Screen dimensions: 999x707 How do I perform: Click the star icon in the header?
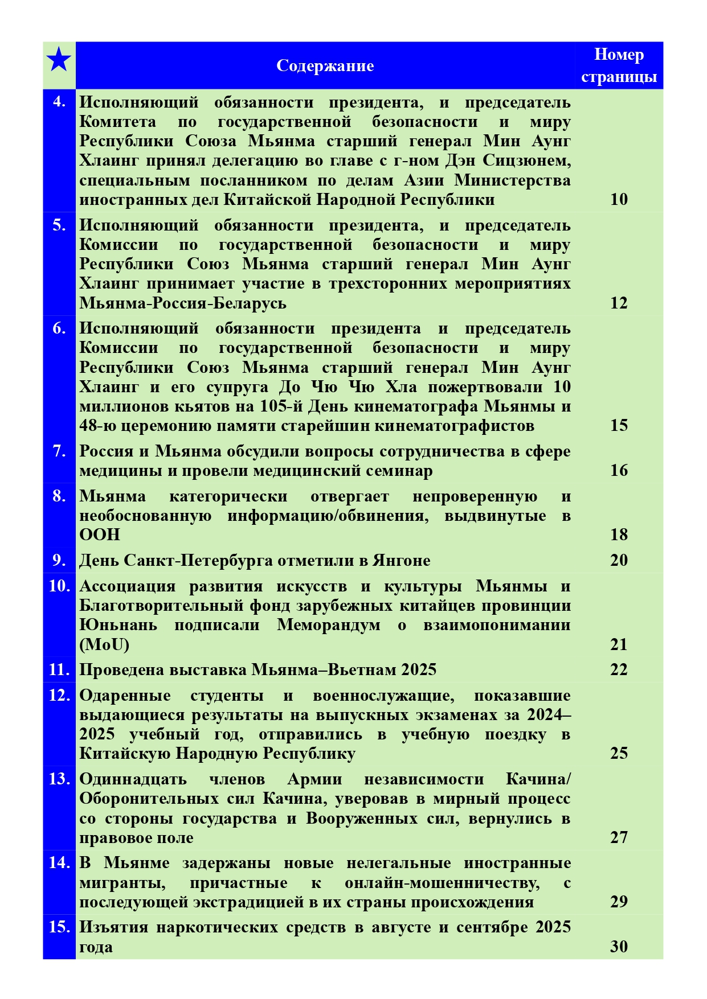(x=59, y=60)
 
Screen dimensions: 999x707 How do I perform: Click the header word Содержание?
(x=325, y=66)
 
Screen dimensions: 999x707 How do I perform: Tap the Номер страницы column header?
(x=619, y=65)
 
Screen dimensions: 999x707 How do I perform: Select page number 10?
(x=619, y=199)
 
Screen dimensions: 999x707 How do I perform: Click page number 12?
(x=619, y=303)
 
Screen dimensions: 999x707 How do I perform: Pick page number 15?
(x=619, y=425)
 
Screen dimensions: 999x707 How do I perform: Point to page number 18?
(x=619, y=535)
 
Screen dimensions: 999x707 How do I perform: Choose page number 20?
(x=619, y=560)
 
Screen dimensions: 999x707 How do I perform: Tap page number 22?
(x=619, y=669)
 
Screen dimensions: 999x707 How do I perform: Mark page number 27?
(x=619, y=837)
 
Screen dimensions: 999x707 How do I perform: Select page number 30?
(x=619, y=947)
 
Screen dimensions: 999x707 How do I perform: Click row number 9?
(x=59, y=560)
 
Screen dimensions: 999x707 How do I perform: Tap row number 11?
(x=59, y=669)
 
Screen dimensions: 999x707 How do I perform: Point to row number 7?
(x=59, y=451)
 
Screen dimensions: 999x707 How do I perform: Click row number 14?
(x=59, y=862)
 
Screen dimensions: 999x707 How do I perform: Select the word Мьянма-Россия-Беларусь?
(x=182, y=303)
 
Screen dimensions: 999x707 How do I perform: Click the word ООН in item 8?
(x=100, y=535)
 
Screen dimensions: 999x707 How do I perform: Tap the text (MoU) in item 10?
(x=104, y=644)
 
